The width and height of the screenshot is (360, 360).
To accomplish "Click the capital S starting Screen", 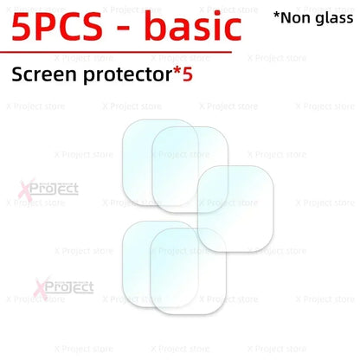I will [x=18, y=76].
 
